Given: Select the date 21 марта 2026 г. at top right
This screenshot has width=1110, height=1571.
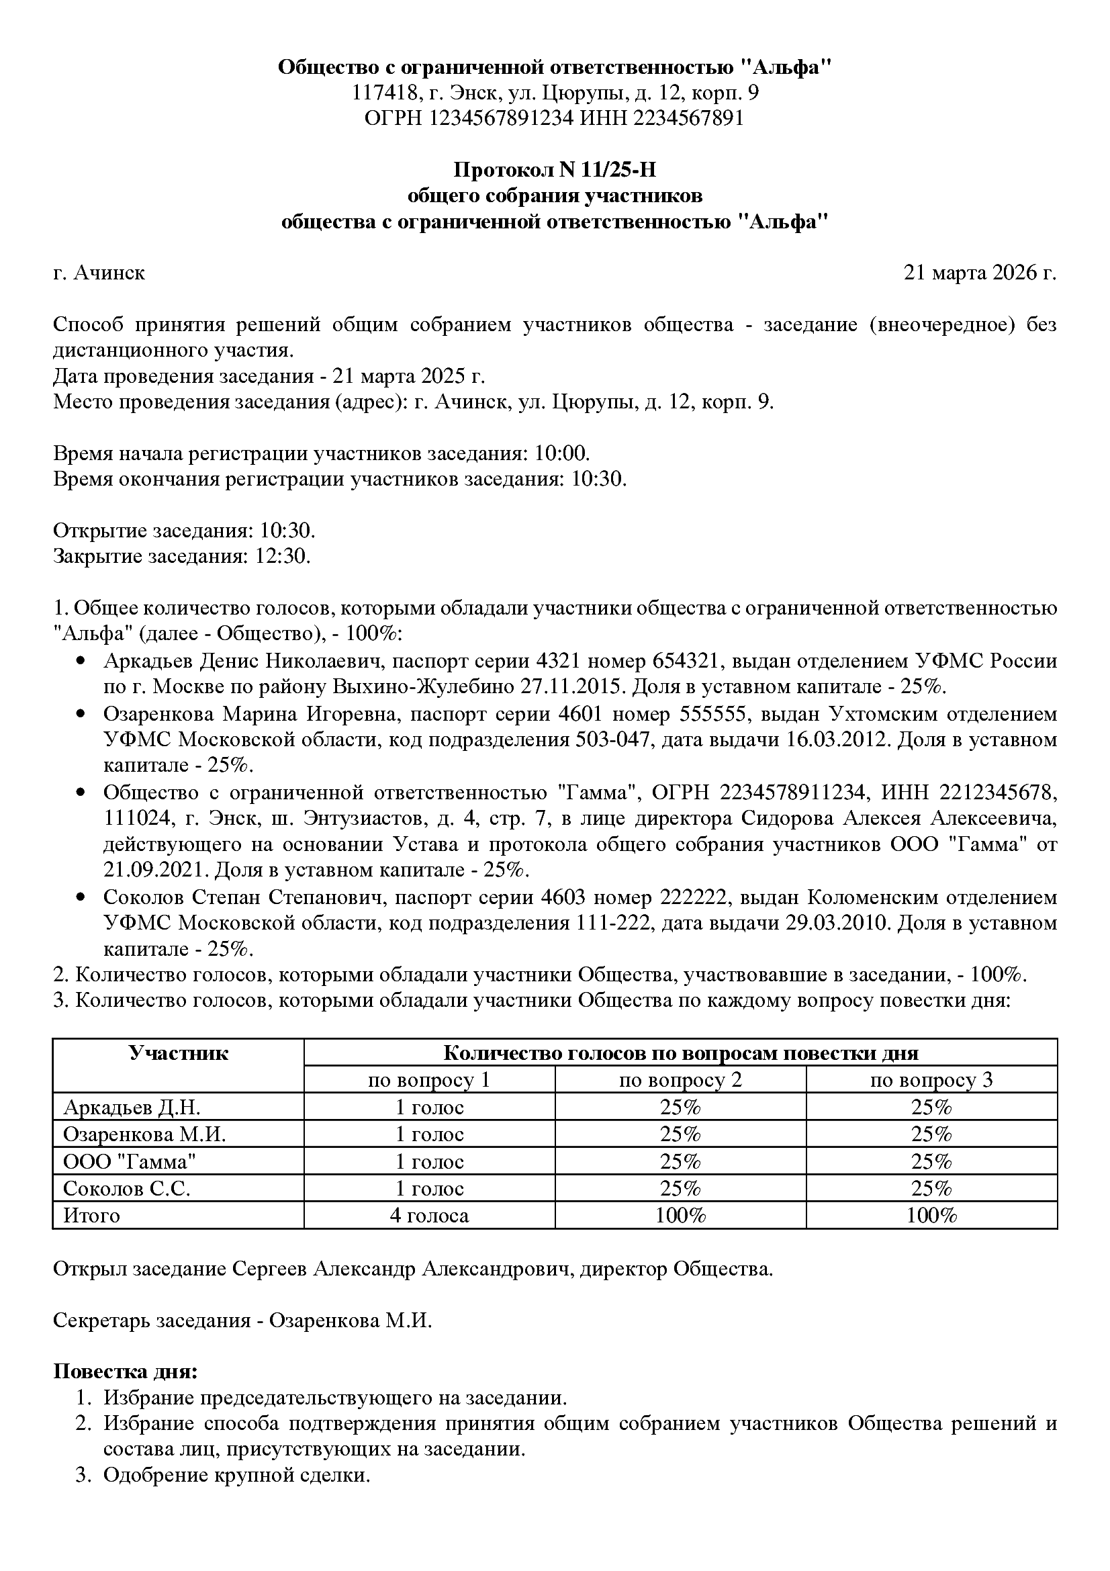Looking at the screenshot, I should [x=979, y=273].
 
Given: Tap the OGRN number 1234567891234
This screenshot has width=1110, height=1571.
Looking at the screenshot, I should [x=501, y=118].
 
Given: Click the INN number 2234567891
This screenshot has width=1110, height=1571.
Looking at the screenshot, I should [x=689, y=118].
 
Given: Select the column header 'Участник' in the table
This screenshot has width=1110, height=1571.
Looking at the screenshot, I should [x=178, y=1054].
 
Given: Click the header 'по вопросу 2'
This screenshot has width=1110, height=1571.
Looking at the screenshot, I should [x=680, y=1081].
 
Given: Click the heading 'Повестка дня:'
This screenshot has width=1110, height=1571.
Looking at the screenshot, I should [x=125, y=1372].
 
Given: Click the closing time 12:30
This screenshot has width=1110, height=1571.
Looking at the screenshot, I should [x=283, y=556].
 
